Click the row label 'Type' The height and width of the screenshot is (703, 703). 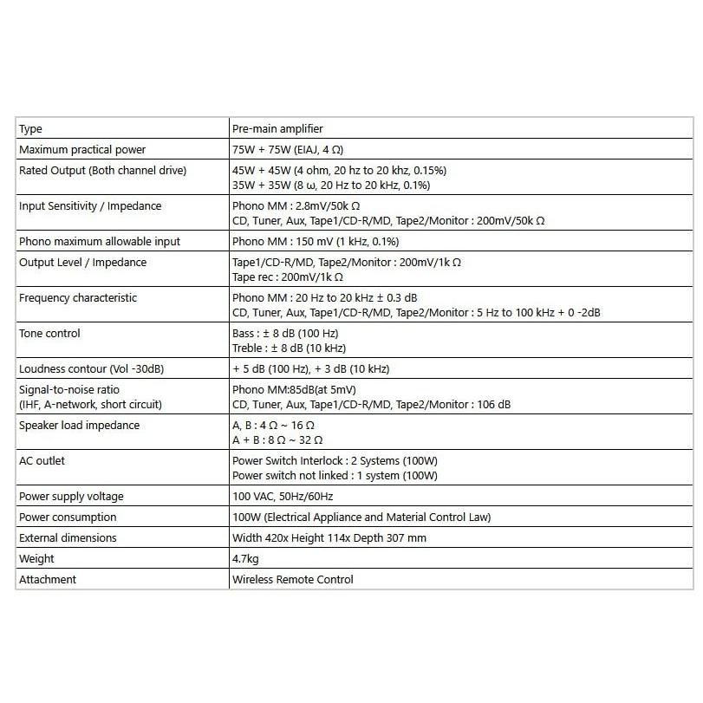30,129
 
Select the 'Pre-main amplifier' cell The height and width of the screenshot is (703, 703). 277,129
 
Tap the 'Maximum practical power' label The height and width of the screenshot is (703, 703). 82,150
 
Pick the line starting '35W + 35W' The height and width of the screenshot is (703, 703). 331,186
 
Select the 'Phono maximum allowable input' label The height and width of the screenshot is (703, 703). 100,242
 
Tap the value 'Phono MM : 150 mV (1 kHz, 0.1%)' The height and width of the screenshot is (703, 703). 316,242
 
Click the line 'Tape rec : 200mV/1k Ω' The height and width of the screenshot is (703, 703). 288,277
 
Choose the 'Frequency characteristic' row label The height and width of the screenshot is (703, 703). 78,298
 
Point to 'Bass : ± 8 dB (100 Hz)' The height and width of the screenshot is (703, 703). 285,334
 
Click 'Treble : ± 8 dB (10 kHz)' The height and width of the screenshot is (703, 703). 289,348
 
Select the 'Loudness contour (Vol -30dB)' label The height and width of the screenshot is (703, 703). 91,369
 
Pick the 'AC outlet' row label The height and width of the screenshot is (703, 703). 42,461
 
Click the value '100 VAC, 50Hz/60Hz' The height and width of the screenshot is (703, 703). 283,497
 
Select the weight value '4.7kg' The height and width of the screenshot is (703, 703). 246,559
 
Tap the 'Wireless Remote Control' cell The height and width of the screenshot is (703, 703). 293,580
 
